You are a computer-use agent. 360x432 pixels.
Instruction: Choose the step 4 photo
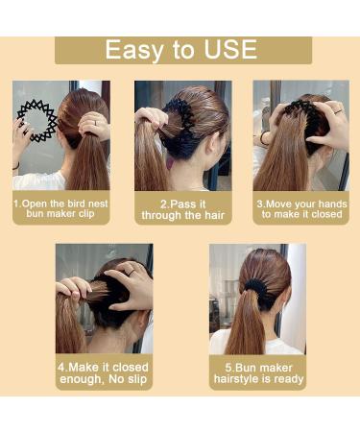tap(104, 299)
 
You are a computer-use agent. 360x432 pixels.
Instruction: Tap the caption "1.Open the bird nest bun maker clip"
tap(60, 210)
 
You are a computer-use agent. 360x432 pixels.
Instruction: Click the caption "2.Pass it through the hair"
tap(182, 210)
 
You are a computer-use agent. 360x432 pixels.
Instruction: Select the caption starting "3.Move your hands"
tap(300, 210)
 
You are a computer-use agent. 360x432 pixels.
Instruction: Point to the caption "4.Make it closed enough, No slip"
tap(104, 373)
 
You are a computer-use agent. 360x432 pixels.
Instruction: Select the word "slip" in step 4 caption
tap(138, 380)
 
